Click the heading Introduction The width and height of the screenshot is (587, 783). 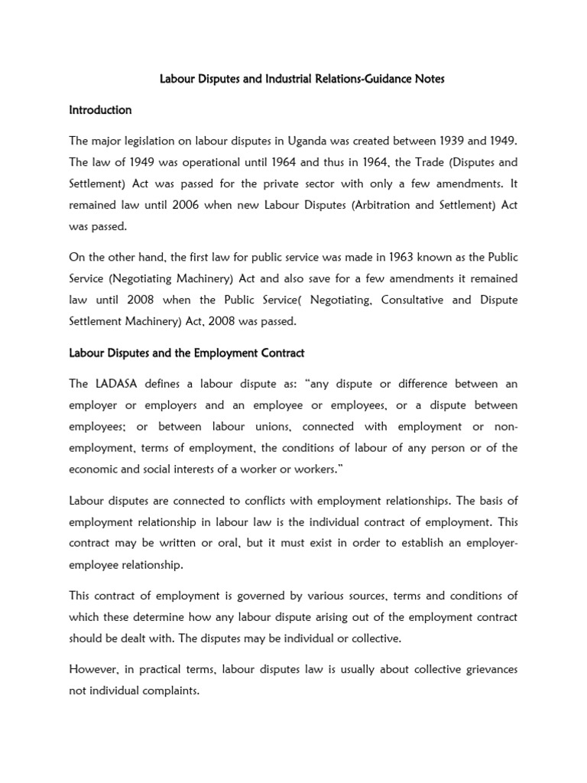click(x=100, y=110)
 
